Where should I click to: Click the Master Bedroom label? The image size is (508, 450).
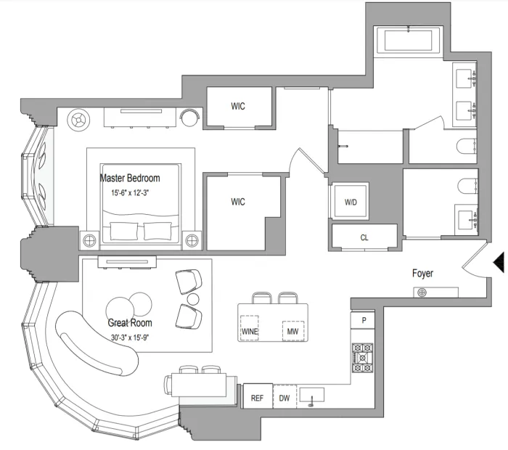point(130,178)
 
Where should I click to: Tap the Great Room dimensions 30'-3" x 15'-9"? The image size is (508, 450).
point(130,337)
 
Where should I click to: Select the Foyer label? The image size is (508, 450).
point(422,274)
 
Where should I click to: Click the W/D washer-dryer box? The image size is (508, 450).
point(351,202)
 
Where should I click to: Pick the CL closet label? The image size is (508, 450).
point(364,237)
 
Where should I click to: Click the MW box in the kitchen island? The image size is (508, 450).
point(293,331)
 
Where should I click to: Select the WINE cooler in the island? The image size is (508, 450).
point(250,327)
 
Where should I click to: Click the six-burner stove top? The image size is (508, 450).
point(363,358)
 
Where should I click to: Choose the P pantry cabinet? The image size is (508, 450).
point(363,320)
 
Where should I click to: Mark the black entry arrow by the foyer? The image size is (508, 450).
point(499,262)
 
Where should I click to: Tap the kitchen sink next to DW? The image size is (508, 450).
point(311,396)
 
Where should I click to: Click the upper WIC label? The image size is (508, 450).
point(238,106)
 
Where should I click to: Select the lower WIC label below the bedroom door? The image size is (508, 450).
point(238,202)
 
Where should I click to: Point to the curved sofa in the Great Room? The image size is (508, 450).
point(97,343)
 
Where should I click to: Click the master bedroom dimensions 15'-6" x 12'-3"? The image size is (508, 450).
point(130,193)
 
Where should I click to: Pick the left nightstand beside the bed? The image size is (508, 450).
point(89,241)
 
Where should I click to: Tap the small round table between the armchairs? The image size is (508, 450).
point(193,299)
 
